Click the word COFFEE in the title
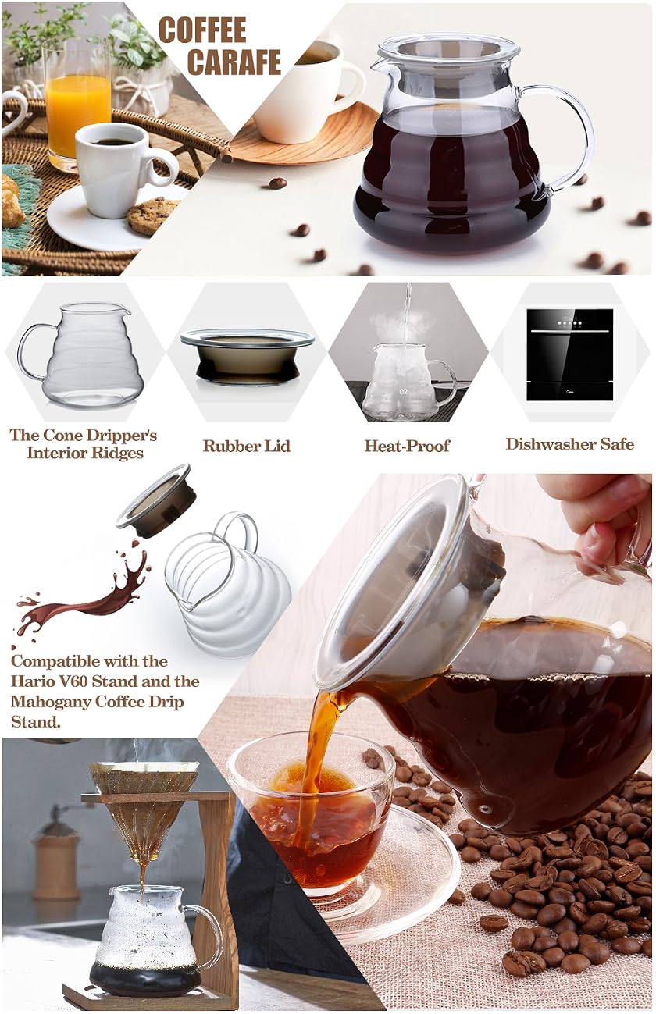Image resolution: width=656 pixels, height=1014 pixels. (x=202, y=30)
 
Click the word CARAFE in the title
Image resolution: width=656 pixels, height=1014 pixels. (x=234, y=62)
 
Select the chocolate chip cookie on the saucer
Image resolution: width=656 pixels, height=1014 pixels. (x=152, y=216)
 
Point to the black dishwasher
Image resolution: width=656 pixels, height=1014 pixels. (x=570, y=354)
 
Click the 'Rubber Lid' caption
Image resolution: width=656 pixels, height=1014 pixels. (x=247, y=446)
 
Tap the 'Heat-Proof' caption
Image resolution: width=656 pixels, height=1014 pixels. (x=408, y=446)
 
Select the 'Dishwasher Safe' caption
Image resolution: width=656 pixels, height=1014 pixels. (x=570, y=444)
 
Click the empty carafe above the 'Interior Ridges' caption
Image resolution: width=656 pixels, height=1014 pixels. (x=80, y=354)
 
